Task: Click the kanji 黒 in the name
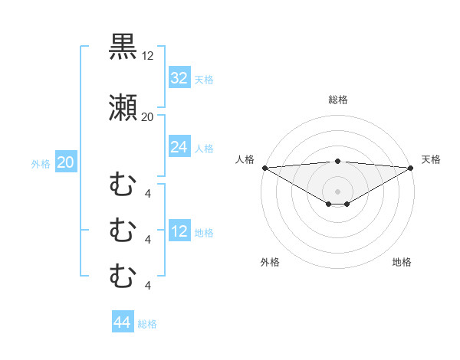pyautogui.click(x=123, y=47)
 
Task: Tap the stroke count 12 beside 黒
pyautogui.click(x=148, y=56)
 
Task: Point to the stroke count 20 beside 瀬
pyautogui.click(x=148, y=117)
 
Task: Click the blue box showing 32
pyautogui.click(x=179, y=77)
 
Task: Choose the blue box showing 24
pyautogui.click(x=179, y=147)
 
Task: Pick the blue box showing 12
pyautogui.click(x=179, y=232)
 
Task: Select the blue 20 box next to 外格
pyautogui.click(x=66, y=162)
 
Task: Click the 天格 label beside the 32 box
pyautogui.click(x=204, y=79)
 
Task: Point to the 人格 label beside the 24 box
pyautogui.click(x=204, y=148)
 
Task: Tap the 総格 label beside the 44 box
pyautogui.click(x=147, y=324)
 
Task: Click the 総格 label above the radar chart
pyautogui.click(x=337, y=100)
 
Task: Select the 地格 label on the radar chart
pyautogui.click(x=402, y=262)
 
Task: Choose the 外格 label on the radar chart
pyautogui.click(x=270, y=262)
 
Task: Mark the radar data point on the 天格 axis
pyautogui.click(x=410, y=167)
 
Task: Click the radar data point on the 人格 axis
pyautogui.click(x=264, y=167)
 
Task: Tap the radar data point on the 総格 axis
pyautogui.click(x=337, y=161)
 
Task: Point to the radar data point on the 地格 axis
pyautogui.click(x=347, y=204)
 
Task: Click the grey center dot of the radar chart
pyautogui.click(x=337, y=191)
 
